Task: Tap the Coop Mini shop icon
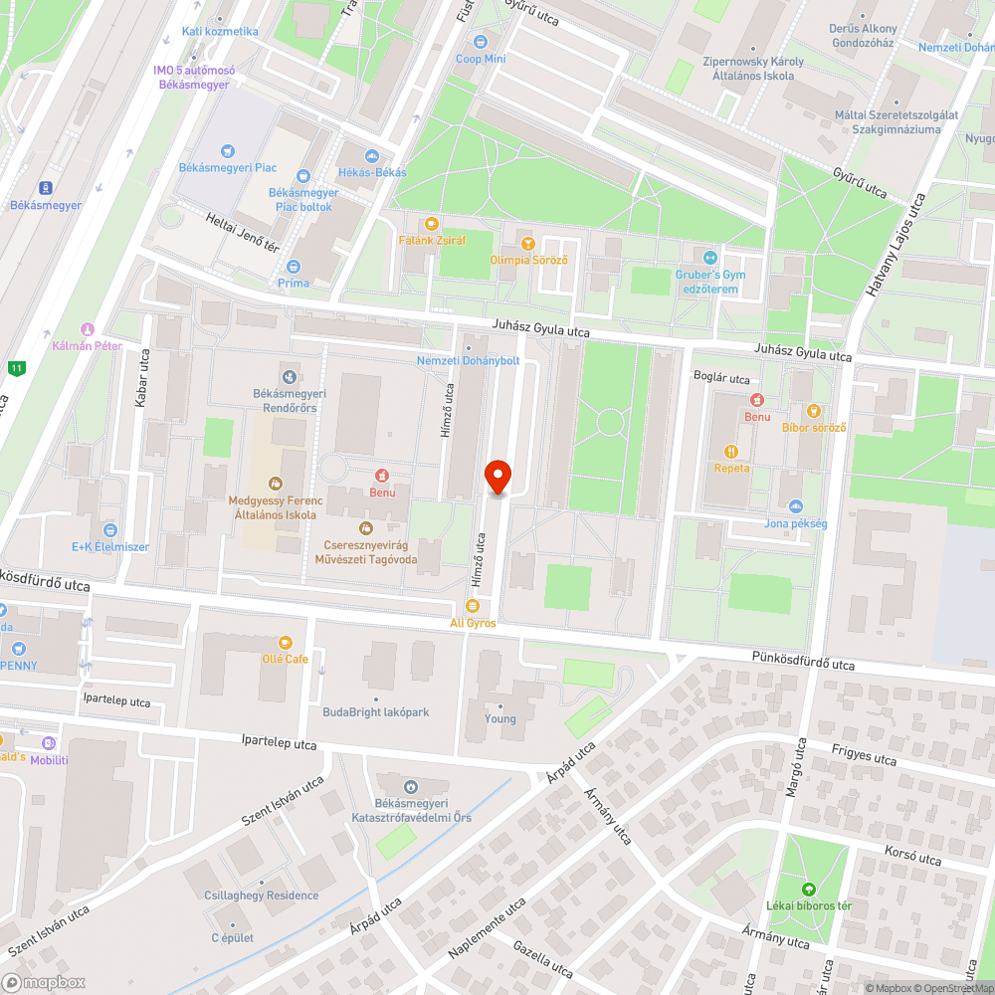482,42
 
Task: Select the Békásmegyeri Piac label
228,168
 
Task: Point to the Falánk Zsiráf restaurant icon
431,224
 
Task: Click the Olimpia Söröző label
529,260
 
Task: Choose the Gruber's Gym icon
709,257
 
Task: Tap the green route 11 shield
15,368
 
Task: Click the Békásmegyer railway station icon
45,188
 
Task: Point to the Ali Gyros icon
472,606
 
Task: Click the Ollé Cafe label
286,659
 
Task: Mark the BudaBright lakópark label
375,711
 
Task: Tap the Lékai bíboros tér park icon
807,889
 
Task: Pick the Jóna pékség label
795,523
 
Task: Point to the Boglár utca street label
721,378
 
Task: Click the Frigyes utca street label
864,757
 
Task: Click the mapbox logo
45,981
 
